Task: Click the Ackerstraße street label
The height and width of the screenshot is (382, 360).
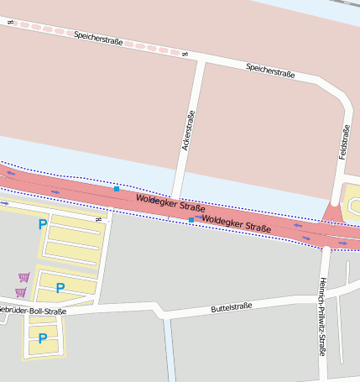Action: tap(188, 131)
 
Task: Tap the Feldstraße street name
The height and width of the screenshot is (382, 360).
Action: tap(344, 141)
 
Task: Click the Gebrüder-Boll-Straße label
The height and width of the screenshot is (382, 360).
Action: tap(32, 311)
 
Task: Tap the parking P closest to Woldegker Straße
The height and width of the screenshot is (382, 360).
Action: tap(42, 224)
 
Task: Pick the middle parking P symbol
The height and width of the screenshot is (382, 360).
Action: tap(60, 288)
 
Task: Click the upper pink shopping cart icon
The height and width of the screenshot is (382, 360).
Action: tap(23, 277)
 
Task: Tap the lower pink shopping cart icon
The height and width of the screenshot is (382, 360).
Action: tap(20, 292)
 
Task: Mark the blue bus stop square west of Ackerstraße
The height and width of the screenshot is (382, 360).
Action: tap(116, 189)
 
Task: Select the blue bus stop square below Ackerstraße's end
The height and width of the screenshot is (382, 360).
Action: tap(191, 220)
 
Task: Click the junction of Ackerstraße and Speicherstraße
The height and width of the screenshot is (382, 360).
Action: tap(201, 60)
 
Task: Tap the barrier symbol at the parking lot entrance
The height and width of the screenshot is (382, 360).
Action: tap(98, 220)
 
